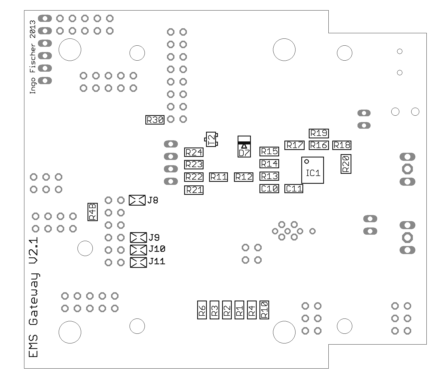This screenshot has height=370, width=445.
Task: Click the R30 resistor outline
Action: [155, 120]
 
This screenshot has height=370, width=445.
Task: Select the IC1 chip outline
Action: [313, 170]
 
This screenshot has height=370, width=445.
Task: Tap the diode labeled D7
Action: [244, 147]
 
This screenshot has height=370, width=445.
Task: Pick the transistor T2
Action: [211, 139]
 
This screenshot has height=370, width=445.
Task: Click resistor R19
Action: [319, 133]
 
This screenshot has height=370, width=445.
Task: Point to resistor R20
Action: [346, 164]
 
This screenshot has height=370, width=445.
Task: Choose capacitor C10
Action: [269, 189]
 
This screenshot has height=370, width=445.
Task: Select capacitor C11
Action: [294, 189]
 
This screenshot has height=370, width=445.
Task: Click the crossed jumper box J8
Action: [137, 200]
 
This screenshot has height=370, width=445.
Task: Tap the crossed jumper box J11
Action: [138, 262]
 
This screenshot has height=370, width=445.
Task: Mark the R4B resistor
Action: [92, 212]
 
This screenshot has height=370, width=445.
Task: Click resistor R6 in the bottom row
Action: [202, 310]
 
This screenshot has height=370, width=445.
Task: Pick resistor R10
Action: [264, 310]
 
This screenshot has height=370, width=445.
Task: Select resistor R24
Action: [194, 152]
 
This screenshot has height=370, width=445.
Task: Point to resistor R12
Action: [244, 177]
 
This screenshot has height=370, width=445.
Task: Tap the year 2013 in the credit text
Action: [33, 29]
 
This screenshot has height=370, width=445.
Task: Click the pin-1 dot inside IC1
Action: [307, 161]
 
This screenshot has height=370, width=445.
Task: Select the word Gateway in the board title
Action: [34, 299]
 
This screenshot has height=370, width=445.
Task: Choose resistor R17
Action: [294, 145]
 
